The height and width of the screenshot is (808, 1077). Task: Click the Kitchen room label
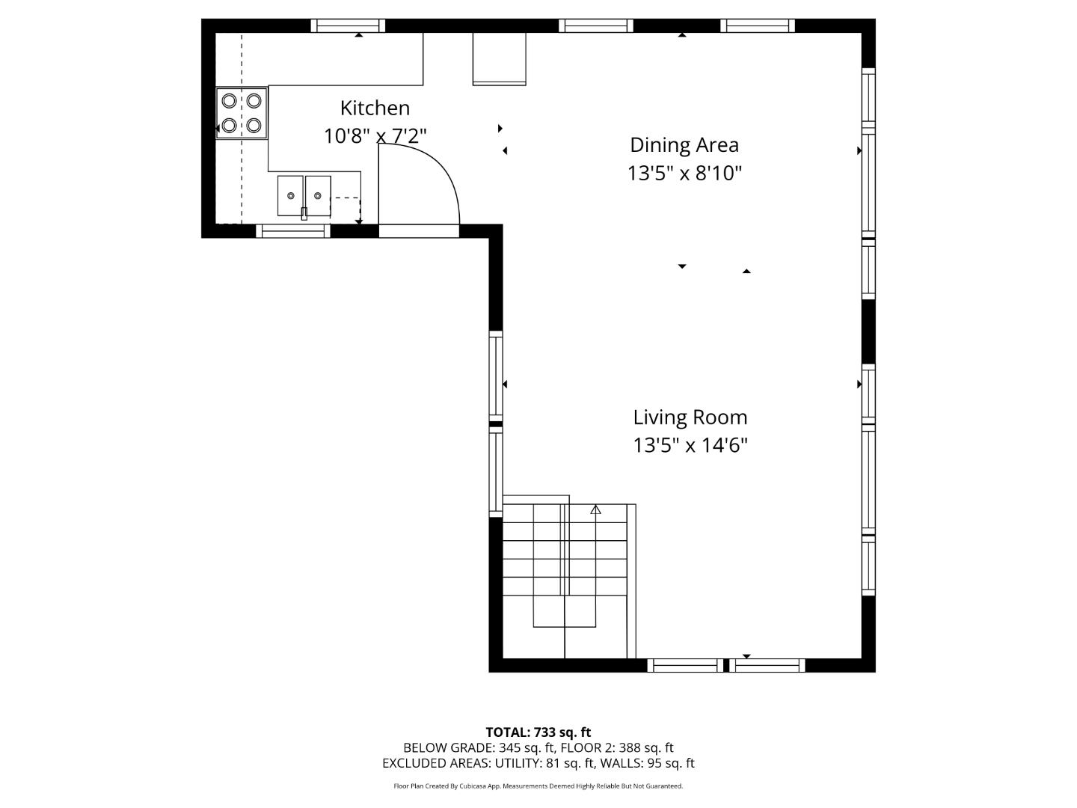pyautogui.click(x=375, y=108)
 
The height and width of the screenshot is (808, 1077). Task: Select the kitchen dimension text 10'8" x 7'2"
pyautogui.click(x=375, y=136)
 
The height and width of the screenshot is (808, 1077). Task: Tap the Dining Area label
pyautogui.click(x=684, y=144)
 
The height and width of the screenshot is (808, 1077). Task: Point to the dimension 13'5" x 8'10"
pyautogui.click(x=684, y=174)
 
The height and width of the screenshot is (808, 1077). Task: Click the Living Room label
pyautogui.click(x=690, y=417)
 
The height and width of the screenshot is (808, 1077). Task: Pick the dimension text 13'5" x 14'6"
pyautogui.click(x=690, y=445)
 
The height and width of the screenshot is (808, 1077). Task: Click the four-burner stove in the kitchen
pyautogui.click(x=242, y=113)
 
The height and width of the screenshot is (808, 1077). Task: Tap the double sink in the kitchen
pyautogui.click(x=304, y=196)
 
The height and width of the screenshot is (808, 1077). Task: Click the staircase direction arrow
pyautogui.click(x=595, y=509)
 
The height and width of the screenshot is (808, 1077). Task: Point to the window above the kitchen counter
pyautogui.click(x=348, y=25)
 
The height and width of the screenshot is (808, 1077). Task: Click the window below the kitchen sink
pyautogui.click(x=293, y=231)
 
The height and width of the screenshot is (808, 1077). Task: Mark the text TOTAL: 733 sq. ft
pyautogui.click(x=538, y=732)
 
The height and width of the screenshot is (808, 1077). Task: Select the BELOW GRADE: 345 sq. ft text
pyautogui.click(x=479, y=747)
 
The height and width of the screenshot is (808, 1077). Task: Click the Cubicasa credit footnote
pyautogui.click(x=538, y=786)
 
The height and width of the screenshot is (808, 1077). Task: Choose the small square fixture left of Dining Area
pyautogui.click(x=499, y=58)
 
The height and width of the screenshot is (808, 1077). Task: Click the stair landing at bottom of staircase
pyautogui.click(x=565, y=628)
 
